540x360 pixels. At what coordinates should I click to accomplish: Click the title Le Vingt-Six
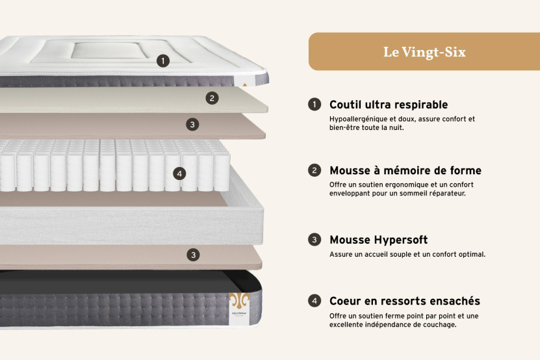click(424, 52)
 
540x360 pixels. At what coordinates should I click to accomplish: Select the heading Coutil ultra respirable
click(388, 105)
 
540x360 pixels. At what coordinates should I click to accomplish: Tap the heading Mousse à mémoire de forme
click(405, 171)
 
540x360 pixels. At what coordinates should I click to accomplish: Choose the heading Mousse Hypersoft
click(378, 240)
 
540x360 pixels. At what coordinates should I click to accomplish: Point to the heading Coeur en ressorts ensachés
click(404, 301)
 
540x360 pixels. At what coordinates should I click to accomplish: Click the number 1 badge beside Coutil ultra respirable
click(315, 105)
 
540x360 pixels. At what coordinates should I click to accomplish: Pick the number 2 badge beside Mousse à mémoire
click(315, 171)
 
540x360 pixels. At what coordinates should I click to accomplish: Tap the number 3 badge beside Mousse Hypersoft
click(315, 240)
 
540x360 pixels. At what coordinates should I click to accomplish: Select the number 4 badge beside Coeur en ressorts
click(315, 301)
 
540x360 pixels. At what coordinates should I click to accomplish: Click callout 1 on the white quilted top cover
click(163, 61)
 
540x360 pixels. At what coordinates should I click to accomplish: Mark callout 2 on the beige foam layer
click(212, 98)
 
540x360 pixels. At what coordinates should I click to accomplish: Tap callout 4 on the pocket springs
click(179, 174)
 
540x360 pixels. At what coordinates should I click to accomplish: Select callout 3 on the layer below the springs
click(193, 255)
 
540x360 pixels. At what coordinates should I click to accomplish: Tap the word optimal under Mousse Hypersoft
click(470, 254)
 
